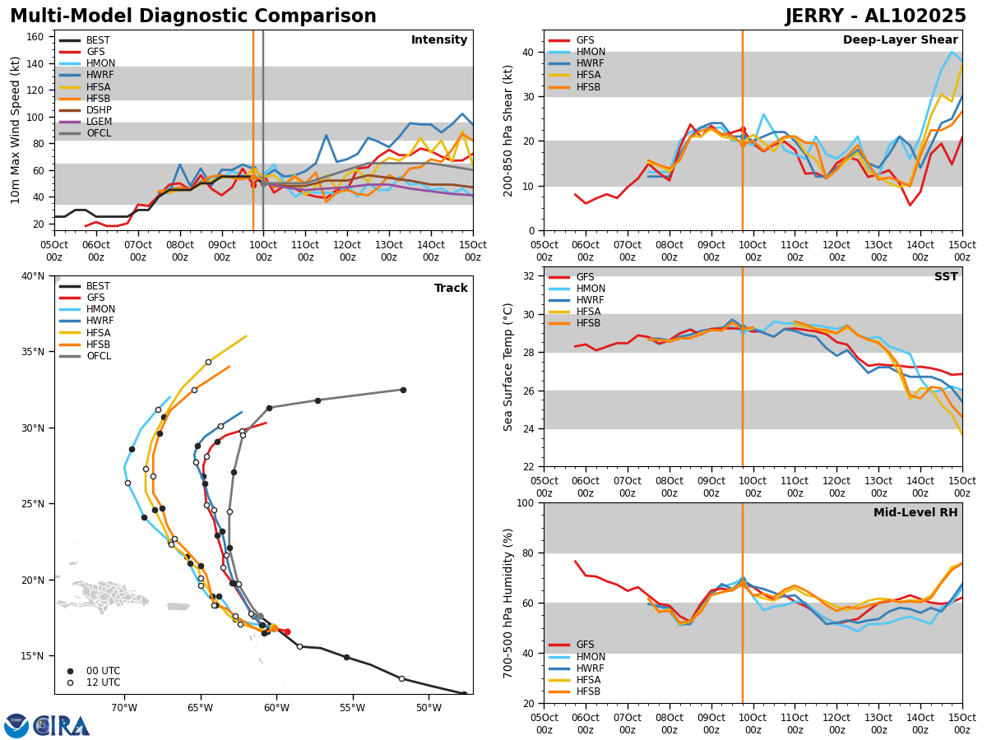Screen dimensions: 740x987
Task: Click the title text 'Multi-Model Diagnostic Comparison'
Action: pos(193,16)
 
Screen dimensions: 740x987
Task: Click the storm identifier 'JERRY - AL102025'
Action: pos(875,16)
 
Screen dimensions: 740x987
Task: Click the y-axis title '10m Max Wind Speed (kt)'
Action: pos(14,130)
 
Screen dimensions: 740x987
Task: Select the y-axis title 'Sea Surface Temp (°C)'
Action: pos(509,367)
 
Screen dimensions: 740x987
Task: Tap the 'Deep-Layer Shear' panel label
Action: pos(900,40)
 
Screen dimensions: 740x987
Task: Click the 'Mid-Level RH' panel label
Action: pos(915,513)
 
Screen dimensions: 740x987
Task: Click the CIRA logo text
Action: pos(62,725)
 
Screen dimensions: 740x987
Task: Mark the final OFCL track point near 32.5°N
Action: pos(403,390)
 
